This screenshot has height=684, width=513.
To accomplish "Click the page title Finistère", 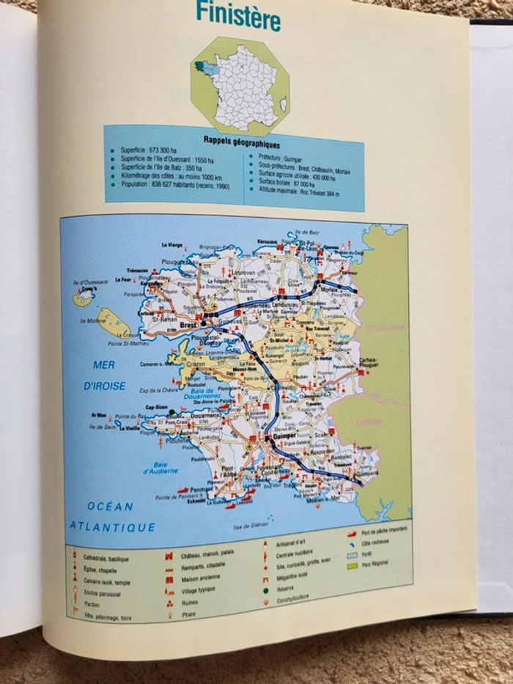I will (237, 15).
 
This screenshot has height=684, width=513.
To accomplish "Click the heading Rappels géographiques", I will (232, 144).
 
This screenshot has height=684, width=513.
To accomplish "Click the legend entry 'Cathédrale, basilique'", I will (106, 558).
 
